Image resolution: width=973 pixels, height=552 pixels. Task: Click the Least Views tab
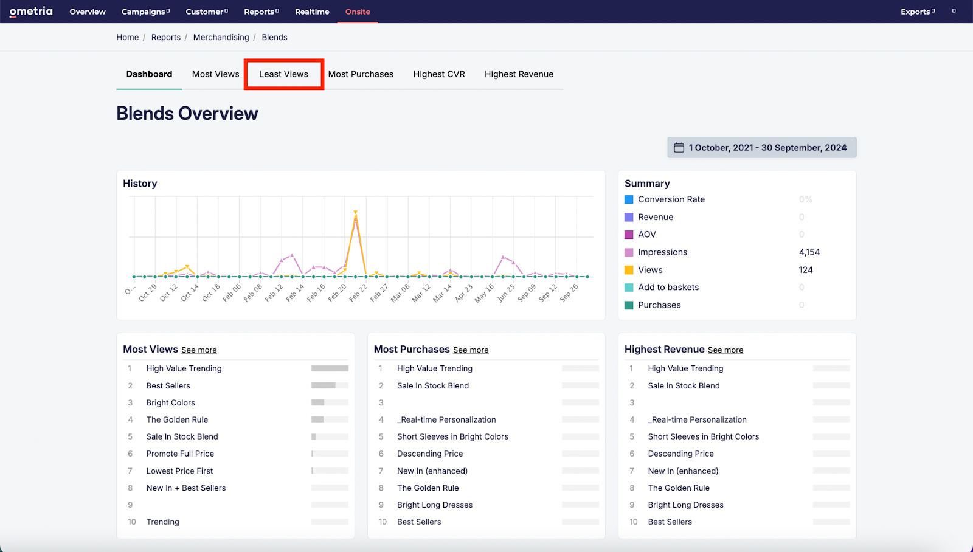point(283,74)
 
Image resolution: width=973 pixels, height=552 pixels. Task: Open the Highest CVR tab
point(438,74)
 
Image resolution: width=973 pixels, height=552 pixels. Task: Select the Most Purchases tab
point(361,74)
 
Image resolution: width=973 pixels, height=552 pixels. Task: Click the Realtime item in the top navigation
point(312,12)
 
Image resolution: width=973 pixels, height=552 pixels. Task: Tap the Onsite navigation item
point(358,12)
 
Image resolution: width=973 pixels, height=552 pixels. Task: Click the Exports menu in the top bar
point(917,12)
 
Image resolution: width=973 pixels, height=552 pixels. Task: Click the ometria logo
point(31,11)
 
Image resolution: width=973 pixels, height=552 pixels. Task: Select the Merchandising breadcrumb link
point(221,37)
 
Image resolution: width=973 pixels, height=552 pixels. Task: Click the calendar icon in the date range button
point(679,147)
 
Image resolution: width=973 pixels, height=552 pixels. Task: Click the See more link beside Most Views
point(199,350)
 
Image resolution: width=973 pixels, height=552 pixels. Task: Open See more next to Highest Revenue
point(725,350)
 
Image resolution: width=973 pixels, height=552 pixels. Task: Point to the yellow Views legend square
point(629,270)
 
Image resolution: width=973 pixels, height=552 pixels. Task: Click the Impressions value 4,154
point(809,252)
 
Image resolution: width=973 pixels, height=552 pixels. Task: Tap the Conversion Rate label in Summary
point(671,199)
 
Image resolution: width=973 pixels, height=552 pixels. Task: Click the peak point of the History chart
point(355,213)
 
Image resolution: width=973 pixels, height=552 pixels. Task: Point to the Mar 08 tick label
point(400,292)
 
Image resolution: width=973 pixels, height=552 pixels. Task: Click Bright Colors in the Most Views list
point(170,402)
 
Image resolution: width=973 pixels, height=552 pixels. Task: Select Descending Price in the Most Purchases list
point(430,454)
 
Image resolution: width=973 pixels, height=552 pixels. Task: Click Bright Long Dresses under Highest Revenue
point(685,505)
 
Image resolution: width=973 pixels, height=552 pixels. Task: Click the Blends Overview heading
point(187,114)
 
